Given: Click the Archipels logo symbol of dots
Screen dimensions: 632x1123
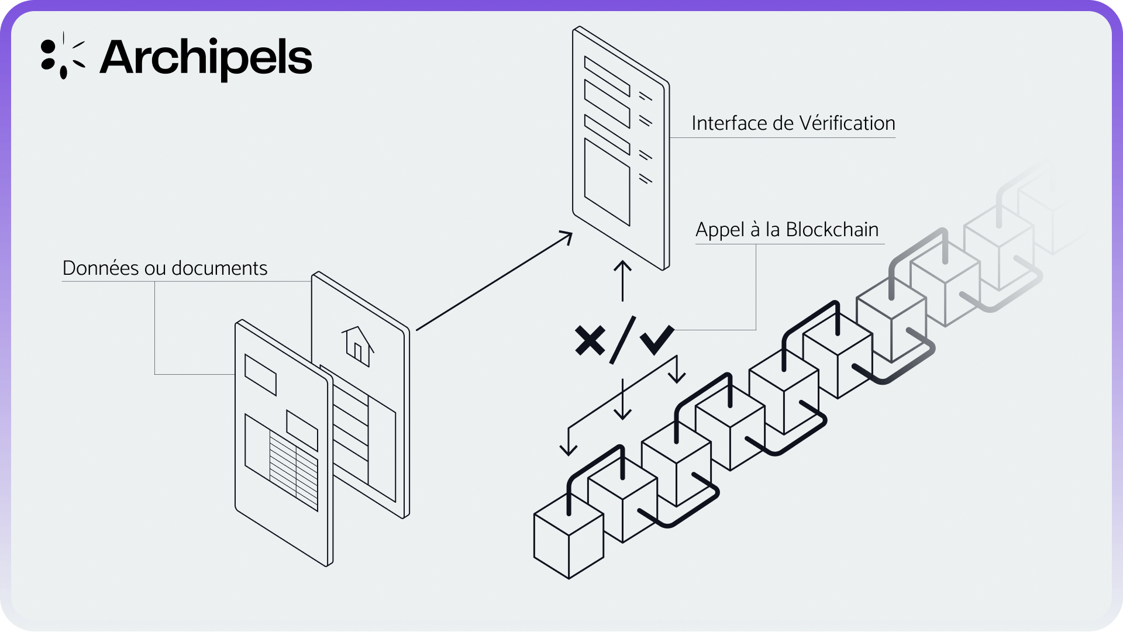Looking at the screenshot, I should click(x=62, y=56).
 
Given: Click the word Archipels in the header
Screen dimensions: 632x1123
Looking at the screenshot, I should click(x=206, y=58).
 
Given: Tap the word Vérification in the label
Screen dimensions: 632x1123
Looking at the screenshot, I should click(x=847, y=123).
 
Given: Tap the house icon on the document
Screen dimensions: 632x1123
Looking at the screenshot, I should click(x=357, y=346).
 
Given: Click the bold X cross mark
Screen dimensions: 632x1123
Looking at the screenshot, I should click(x=590, y=340).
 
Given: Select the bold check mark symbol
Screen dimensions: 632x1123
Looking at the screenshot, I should click(x=657, y=339).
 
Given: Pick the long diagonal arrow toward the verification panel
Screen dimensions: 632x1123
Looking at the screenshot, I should click(x=494, y=281).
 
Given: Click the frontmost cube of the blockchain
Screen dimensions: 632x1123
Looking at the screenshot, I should click(x=569, y=538).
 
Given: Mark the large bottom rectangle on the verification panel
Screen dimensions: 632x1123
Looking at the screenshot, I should click(x=607, y=181).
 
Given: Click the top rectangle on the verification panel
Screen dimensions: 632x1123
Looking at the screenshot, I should click(x=607, y=76).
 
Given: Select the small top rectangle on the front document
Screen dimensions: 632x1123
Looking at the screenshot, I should click(x=260, y=374).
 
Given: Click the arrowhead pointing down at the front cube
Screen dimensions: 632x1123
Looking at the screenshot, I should click(x=568, y=449).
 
